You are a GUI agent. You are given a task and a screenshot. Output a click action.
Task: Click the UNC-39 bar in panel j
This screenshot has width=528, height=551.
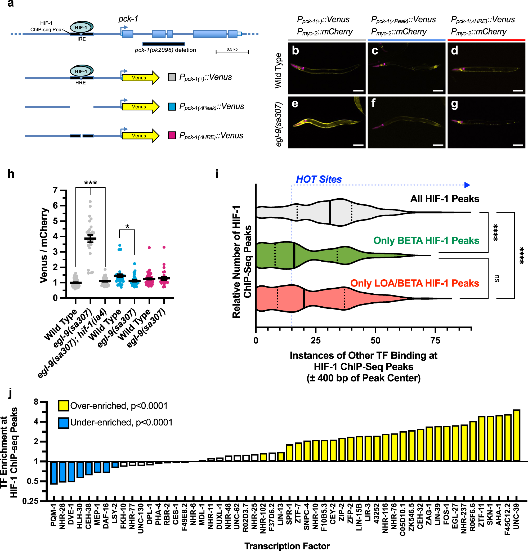click(516, 436)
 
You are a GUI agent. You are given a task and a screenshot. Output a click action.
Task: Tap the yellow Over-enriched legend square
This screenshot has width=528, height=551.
click(64, 406)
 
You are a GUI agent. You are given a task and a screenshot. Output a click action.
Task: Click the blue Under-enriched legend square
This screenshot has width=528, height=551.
click(64, 423)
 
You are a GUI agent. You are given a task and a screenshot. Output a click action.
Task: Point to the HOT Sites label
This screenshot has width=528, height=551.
click(319, 179)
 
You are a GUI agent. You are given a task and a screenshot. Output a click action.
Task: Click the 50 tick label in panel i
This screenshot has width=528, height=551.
click(375, 341)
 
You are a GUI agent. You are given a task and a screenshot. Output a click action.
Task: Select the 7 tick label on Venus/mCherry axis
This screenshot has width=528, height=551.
click(55, 190)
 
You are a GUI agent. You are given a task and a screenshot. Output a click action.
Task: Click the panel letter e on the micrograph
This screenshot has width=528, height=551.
click(295, 104)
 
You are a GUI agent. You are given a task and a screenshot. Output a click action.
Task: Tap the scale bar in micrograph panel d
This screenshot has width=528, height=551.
click(518, 91)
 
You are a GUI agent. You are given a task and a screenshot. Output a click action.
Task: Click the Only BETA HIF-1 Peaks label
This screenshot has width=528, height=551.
click(426, 241)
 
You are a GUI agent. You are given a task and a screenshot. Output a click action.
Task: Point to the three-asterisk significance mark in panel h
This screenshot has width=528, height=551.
click(91, 183)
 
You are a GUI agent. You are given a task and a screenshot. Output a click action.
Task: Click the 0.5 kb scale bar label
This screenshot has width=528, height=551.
click(232, 49)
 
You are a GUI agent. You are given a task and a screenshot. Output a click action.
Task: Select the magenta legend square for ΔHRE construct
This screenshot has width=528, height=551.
click(172, 136)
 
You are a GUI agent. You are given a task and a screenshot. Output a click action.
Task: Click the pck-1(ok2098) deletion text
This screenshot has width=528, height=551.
click(165, 50)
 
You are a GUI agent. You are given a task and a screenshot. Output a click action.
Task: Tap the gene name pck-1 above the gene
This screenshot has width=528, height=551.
click(128, 19)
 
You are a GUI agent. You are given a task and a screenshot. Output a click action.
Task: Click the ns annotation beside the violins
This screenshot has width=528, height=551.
click(496, 279)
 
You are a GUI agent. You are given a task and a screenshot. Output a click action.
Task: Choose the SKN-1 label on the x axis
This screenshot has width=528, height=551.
click(490, 514)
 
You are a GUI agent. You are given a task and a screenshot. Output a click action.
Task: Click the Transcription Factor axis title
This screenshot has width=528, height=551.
click(287, 546)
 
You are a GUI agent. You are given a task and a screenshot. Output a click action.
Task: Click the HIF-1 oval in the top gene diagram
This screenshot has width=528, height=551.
click(82, 27)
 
